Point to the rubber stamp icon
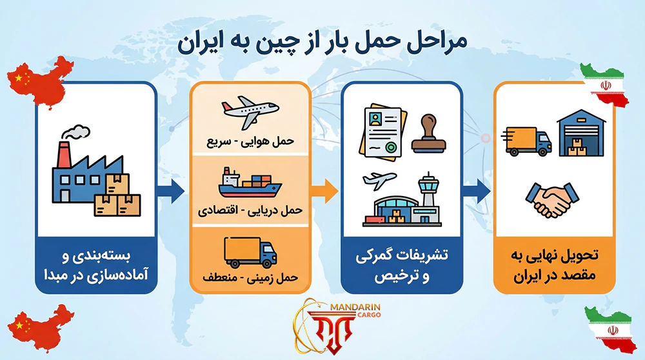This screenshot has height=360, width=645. click(x=429, y=134)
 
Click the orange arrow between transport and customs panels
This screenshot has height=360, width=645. click(x=326, y=188)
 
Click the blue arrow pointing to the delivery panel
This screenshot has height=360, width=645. click(x=478, y=188)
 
